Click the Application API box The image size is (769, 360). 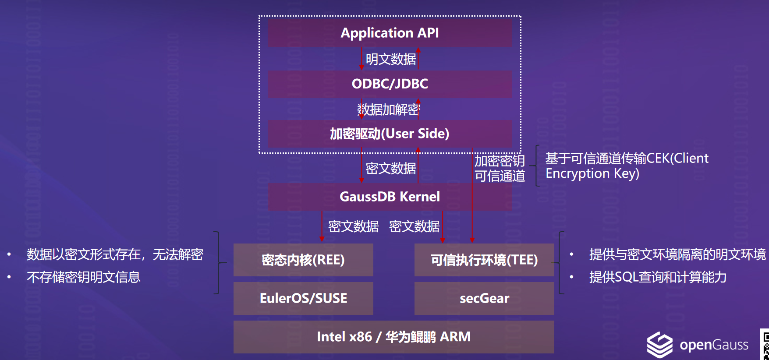[390, 33]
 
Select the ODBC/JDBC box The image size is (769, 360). [390, 84]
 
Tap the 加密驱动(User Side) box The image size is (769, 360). [390, 134]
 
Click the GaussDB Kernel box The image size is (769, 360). [390, 197]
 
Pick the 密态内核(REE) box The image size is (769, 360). [303, 260]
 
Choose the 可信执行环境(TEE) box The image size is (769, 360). [484, 260]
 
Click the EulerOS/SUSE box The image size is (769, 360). [303, 298]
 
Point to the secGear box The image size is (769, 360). [484, 298]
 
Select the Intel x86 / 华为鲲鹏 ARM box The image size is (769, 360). [393, 337]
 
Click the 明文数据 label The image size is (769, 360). [390, 59]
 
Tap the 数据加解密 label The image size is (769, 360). [388, 109]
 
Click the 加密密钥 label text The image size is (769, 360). [500, 161]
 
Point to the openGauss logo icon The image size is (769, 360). [659, 345]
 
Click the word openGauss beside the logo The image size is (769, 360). [714, 345]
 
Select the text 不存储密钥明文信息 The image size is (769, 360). [84, 277]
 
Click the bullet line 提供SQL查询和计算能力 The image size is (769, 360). [658, 277]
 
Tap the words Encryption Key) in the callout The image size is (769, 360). [592, 174]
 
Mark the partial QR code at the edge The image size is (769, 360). [765, 345]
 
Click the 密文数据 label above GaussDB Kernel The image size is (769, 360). [390, 168]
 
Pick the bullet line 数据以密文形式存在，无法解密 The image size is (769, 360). [115, 254]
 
